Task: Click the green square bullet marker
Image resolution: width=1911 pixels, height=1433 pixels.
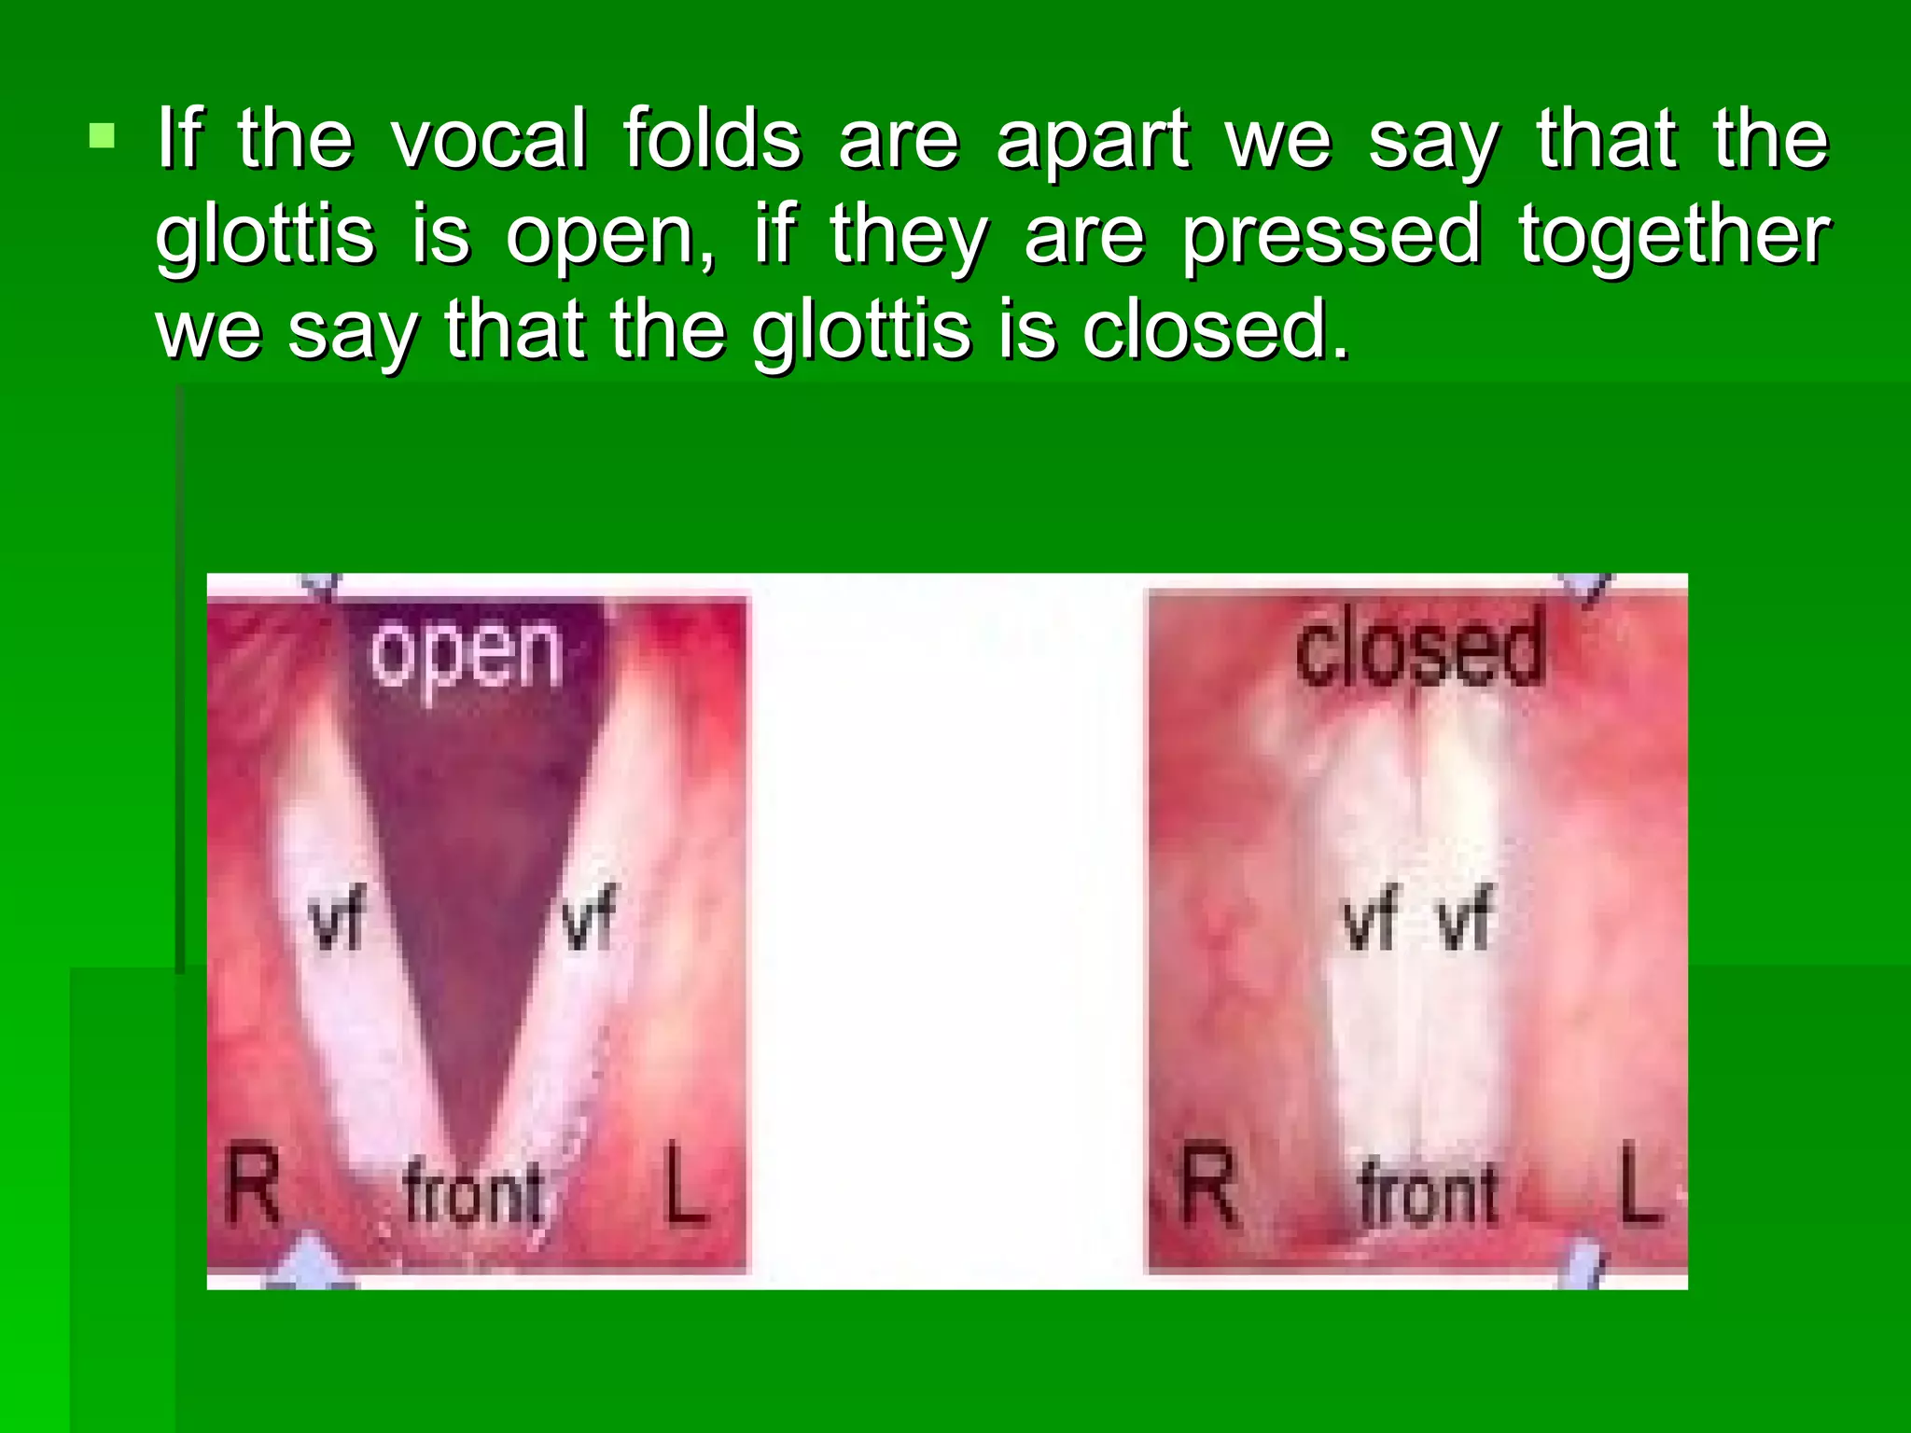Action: coord(102,137)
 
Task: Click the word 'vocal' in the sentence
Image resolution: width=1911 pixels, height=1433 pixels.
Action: coord(489,140)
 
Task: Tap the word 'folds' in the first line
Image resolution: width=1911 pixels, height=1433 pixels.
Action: coord(712,140)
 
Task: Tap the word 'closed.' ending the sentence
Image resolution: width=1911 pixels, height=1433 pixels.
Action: coord(1216,330)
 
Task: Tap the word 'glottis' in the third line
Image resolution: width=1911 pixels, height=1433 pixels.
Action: coord(861,332)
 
